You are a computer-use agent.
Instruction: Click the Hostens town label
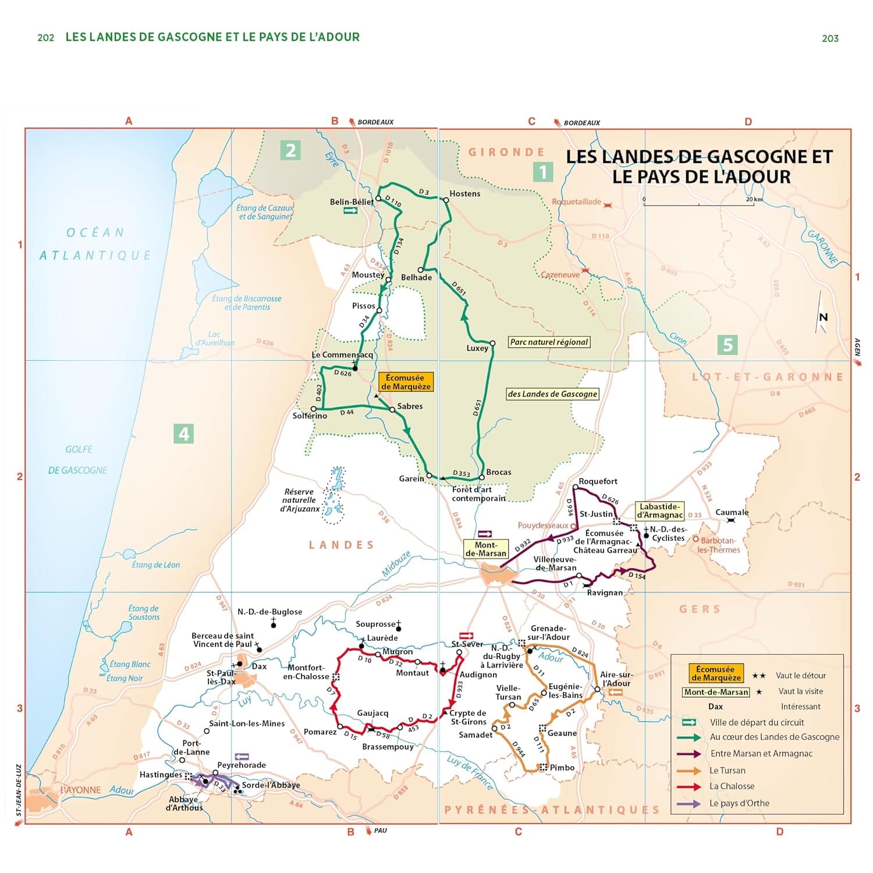click(x=464, y=194)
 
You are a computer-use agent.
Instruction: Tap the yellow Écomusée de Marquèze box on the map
click(x=406, y=382)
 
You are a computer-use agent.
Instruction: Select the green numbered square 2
click(x=290, y=151)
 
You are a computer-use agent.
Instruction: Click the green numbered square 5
click(x=727, y=345)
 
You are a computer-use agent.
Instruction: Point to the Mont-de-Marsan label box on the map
click(x=486, y=549)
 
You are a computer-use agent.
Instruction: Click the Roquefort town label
click(x=598, y=481)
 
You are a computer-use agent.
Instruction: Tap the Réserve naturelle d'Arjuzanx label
click(x=299, y=501)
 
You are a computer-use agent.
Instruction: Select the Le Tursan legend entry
click(x=727, y=770)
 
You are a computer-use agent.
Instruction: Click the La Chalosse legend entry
click(x=732, y=786)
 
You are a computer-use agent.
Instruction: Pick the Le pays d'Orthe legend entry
click(x=739, y=803)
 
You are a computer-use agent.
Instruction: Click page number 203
click(x=830, y=38)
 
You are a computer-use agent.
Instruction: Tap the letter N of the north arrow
click(x=823, y=317)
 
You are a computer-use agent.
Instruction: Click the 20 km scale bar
click(x=698, y=204)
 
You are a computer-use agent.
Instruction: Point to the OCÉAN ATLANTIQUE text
click(x=95, y=244)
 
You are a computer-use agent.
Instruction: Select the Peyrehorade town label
click(x=242, y=765)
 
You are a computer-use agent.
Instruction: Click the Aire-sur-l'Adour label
click(x=616, y=679)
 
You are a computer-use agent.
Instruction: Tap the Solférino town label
click(x=310, y=416)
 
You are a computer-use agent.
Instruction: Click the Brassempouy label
click(x=388, y=747)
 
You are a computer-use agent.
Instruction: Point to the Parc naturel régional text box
click(x=549, y=342)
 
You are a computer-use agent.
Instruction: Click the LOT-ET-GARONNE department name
click(x=767, y=377)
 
